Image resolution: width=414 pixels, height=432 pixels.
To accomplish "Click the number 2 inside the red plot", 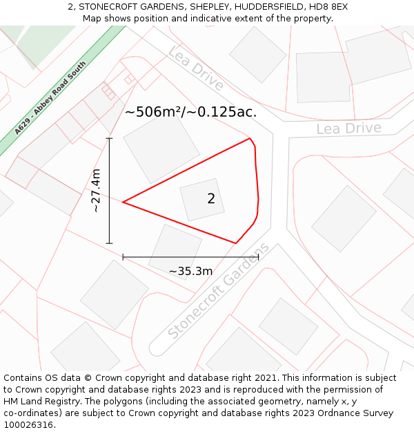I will coord(211,199).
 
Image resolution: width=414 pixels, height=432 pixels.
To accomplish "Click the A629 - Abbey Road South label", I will coord(50,98).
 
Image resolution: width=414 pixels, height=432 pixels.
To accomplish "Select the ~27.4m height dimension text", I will coord(96,191).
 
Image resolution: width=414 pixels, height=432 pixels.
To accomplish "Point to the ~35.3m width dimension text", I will coord(190,271).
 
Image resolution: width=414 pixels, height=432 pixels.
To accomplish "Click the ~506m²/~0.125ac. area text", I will coord(190,112).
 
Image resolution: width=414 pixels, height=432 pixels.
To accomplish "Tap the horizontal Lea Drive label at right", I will coord(348,129).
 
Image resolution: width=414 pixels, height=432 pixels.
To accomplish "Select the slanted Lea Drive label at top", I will coord(196,68).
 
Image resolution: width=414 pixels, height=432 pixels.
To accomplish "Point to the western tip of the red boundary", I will coord(124,202).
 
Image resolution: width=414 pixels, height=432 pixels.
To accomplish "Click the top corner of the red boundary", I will coord(249,139).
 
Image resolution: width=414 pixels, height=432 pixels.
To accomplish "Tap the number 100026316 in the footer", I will coord(28,424).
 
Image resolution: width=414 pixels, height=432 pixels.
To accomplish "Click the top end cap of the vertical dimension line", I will coord(109,138).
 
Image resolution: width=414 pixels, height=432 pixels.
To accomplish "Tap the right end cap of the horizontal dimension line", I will coord(258,256).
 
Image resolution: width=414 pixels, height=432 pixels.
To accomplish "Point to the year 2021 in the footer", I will coord(266,377).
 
